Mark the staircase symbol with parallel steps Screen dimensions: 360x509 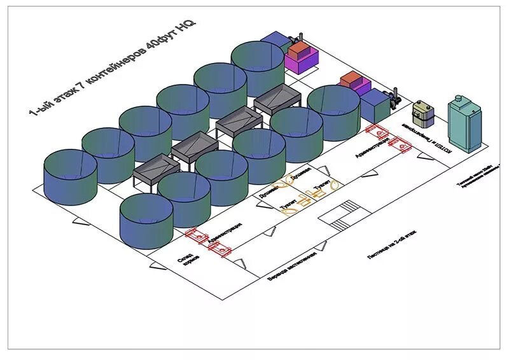342,216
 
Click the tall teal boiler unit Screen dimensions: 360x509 464,124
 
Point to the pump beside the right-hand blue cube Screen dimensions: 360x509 394,96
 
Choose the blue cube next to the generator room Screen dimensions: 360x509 376,106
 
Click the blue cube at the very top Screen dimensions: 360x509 274,41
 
